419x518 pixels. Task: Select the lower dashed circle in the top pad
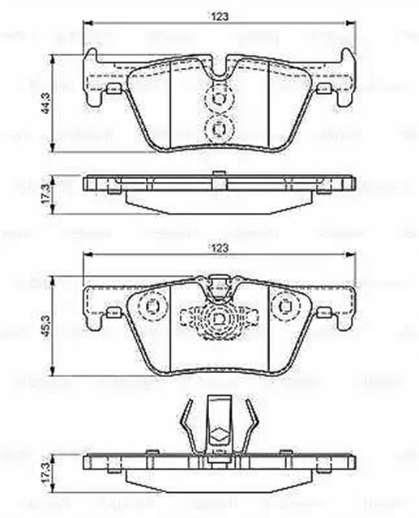(x=218, y=126)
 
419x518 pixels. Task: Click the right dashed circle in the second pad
(x=285, y=307)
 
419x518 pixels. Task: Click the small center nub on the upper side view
(x=218, y=173)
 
